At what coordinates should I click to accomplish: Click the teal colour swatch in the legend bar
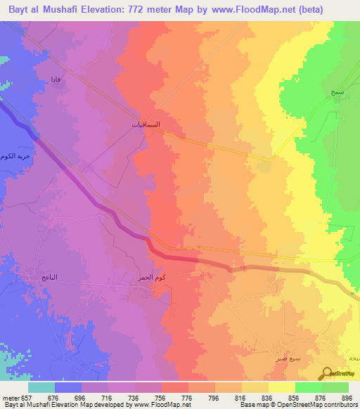(x=41, y=387)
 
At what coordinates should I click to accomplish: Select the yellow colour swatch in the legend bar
(x=281, y=387)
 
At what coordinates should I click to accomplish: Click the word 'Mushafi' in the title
(x=72, y=11)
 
